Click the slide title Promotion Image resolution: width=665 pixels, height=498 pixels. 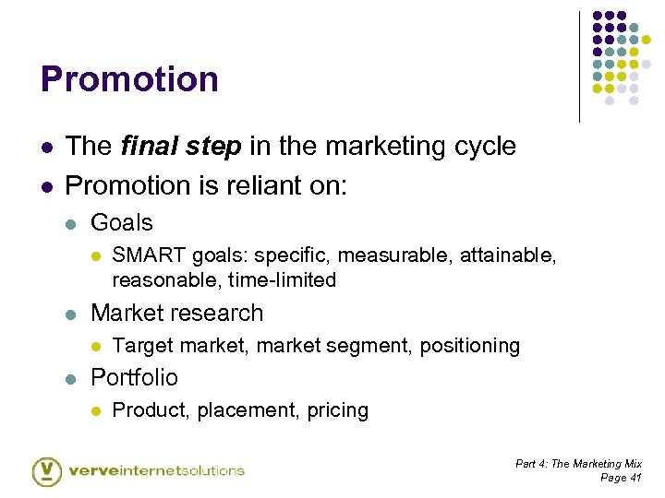129,79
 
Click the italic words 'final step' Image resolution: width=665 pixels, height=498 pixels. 181,147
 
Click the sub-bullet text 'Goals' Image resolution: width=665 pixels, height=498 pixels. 121,222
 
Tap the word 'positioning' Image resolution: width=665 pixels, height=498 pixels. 470,346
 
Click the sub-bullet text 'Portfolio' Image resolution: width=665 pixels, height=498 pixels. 134,377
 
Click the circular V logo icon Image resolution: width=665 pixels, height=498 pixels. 46,470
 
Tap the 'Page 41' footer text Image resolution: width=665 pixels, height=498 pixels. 621,478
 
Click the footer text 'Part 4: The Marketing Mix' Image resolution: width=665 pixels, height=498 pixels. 578,464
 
